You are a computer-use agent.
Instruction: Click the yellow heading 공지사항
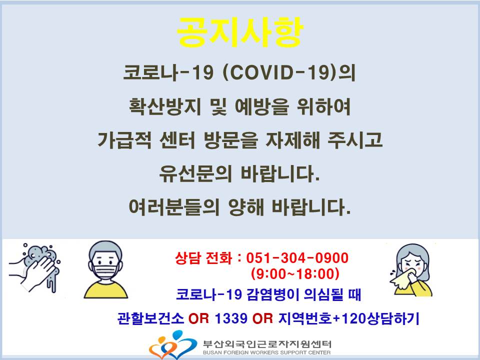click(x=239, y=32)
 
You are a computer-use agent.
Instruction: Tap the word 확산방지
click(x=165, y=106)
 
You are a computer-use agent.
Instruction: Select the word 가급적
click(x=124, y=140)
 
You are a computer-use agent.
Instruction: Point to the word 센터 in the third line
click(x=177, y=140)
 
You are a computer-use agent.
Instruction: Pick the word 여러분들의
click(x=174, y=207)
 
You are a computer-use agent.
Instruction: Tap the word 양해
click(x=246, y=207)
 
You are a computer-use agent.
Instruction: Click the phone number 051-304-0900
click(x=297, y=258)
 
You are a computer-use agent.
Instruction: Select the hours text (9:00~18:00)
click(x=295, y=273)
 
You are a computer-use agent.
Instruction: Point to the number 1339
click(x=231, y=318)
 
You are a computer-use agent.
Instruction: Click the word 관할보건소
click(x=150, y=318)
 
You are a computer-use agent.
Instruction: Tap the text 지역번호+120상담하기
click(x=348, y=318)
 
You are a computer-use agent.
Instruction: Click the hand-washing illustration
click(x=34, y=267)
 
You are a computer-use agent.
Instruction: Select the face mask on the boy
click(x=105, y=272)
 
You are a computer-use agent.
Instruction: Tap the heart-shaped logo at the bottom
click(x=173, y=345)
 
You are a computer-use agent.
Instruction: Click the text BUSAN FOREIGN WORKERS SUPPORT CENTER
click(x=266, y=352)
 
